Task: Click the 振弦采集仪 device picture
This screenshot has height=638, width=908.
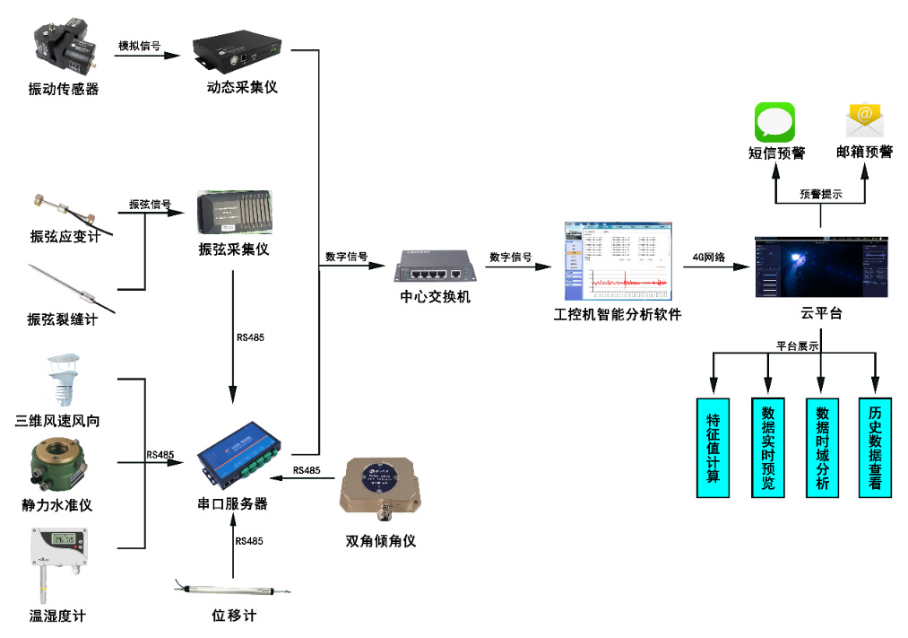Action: coord(233,214)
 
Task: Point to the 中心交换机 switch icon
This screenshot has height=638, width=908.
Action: coord(435,267)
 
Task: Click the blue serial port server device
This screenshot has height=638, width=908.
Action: coord(242,457)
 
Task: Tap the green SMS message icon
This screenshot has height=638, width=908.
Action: coord(774,122)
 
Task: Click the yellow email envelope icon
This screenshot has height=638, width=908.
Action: coord(865,122)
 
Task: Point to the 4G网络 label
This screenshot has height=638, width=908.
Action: coord(710,257)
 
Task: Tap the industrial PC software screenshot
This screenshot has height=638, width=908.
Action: coord(618,261)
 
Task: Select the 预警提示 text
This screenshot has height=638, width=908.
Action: coord(820,194)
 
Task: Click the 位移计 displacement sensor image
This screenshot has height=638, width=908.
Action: coord(233,588)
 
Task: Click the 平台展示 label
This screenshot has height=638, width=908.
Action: coord(797,345)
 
